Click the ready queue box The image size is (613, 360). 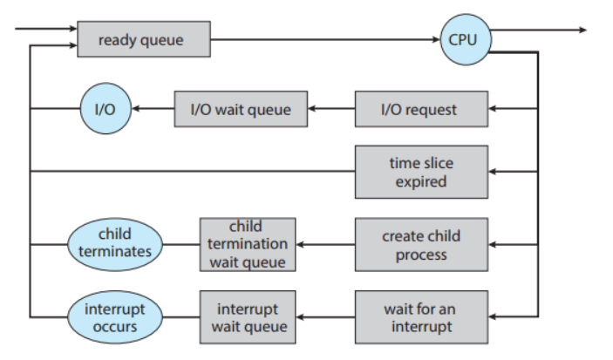pos(144,39)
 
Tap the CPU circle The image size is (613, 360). pos(466,39)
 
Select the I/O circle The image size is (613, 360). pos(106,108)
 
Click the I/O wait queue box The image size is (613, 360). pos(241,109)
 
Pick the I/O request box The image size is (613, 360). pos(421,109)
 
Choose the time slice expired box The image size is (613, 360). pos(421,172)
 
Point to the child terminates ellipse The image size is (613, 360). pos(115,244)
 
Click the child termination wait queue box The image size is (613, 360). pos(248,244)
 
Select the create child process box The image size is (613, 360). pos(421,244)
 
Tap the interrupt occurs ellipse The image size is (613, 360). pos(115,317)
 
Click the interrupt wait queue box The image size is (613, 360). pos(248,317)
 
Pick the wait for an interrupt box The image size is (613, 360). pos(421,317)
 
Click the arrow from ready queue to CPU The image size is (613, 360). pos(325,39)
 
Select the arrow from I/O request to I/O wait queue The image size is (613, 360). pos(331,109)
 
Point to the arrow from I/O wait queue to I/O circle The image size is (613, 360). pos(153,109)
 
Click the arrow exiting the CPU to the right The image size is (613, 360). pos(539,30)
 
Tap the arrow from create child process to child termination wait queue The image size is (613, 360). pos(325,245)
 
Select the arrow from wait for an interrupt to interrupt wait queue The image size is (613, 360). pos(325,317)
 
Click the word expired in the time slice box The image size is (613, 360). pos(421,182)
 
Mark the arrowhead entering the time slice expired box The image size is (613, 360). pos(492,171)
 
